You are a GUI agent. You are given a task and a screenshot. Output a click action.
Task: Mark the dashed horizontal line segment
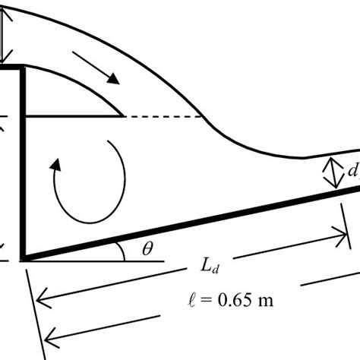163,117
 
